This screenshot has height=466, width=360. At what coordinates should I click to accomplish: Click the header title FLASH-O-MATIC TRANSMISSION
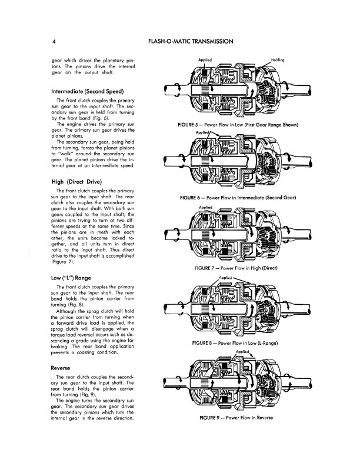[194, 42]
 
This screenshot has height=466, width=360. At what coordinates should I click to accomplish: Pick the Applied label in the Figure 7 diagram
[206, 207]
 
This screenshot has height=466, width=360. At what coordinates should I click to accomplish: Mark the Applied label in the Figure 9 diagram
[243, 352]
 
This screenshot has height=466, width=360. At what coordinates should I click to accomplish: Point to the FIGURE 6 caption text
[239, 198]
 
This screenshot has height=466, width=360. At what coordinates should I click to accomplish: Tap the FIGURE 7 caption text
[239, 268]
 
